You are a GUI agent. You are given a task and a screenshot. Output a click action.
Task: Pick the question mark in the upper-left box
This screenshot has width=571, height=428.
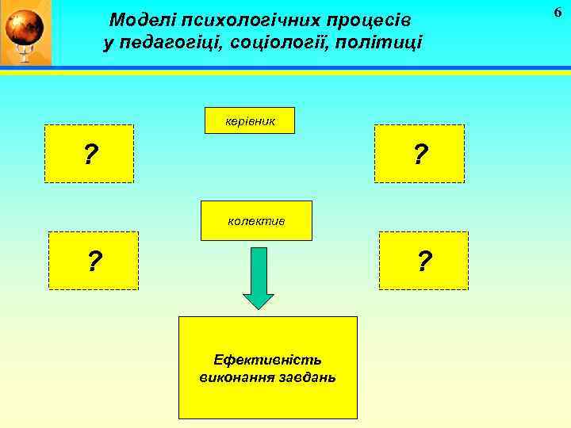point(91,154)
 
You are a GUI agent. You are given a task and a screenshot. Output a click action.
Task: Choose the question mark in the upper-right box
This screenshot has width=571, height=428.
point(420,153)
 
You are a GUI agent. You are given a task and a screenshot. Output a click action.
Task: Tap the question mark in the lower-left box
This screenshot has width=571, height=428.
point(95,260)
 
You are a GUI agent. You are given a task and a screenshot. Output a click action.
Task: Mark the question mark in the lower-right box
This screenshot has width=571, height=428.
point(424,260)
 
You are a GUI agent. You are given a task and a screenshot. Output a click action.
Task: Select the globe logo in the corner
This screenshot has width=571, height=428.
point(24,32)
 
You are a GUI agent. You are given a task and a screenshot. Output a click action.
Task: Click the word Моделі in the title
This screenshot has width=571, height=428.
point(138,19)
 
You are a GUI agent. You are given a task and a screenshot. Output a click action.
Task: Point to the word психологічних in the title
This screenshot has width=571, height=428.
point(243,19)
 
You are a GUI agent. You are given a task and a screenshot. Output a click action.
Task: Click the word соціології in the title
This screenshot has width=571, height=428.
point(278,43)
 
